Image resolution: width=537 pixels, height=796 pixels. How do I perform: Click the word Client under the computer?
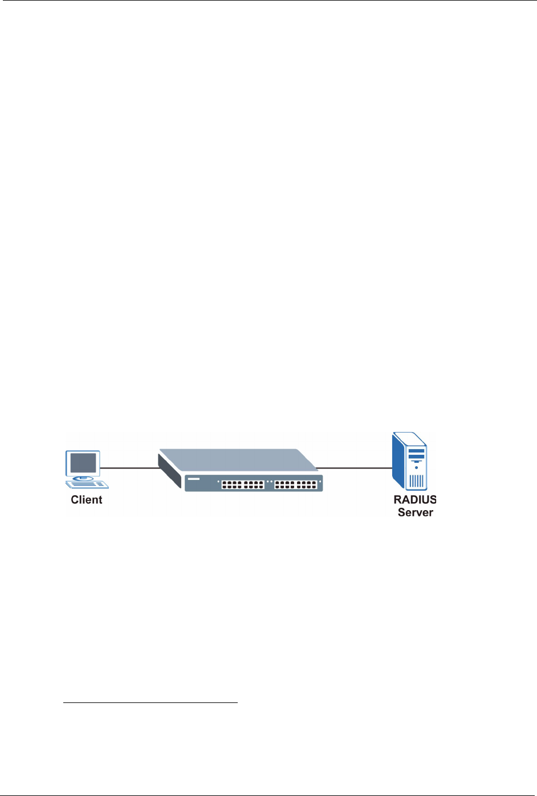click(87, 500)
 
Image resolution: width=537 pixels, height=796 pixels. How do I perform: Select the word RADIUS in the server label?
click(415, 500)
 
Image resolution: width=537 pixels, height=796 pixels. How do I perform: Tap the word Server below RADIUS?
click(415, 512)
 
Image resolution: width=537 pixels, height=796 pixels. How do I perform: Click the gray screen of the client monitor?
click(83, 462)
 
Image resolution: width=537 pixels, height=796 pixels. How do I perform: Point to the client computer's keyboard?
click(87, 484)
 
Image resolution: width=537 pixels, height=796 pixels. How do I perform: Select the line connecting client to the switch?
click(129, 468)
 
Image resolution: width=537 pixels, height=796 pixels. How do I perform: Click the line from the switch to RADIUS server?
click(353, 468)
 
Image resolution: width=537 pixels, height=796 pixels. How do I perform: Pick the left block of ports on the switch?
click(243, 484)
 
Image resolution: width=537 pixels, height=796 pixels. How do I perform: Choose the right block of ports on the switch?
click(295, 484)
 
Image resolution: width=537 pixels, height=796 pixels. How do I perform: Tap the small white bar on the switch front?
click(193, 479)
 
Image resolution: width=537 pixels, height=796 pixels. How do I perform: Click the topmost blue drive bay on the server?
click(417, 451)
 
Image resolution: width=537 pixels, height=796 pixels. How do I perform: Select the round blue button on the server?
click(417, 467)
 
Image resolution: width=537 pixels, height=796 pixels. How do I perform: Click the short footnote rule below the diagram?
click(150, 702)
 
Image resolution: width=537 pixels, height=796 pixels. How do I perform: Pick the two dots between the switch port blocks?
click(269, 481)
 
